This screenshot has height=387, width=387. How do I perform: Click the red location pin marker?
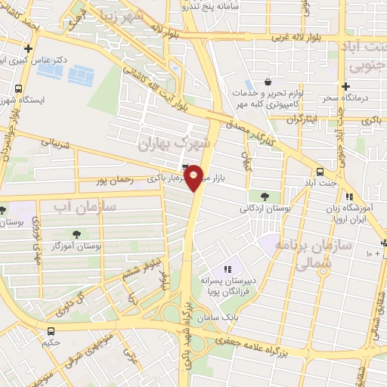tap(194, 177)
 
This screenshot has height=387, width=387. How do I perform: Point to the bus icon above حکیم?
tap(51, 331)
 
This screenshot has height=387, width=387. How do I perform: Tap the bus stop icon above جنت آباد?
tap(320, 172)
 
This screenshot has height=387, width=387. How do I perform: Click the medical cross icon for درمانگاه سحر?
tap(346, 87)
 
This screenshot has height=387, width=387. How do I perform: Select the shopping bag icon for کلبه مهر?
tap(269, 82)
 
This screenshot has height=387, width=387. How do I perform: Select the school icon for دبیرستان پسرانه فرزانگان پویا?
tap(228, 269)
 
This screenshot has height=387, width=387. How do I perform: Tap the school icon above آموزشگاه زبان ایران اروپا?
tap(349, 197)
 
